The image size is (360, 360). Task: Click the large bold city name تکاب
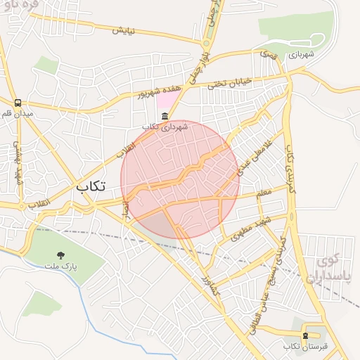pos(91,186)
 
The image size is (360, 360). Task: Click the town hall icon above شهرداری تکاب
pos(165,116)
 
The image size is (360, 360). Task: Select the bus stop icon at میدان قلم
pos(18,103)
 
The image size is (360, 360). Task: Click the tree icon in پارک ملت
pos(68,256)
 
